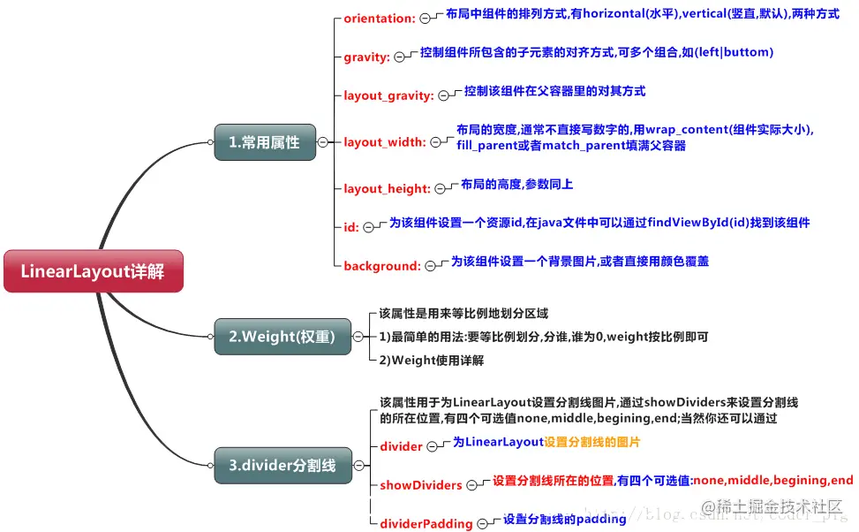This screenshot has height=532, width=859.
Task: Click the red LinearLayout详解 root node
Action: point(93,271)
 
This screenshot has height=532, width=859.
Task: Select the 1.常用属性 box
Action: point(264,141)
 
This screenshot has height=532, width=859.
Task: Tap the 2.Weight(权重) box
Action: point(282,337)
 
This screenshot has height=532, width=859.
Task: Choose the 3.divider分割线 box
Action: point(282,465)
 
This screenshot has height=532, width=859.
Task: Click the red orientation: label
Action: point(379,18)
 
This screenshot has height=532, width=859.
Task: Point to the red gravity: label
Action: point(366,57)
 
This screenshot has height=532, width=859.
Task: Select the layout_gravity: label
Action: point(388,95)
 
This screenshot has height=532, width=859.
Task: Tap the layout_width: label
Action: point(384,141)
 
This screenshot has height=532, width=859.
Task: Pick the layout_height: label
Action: point(387,188)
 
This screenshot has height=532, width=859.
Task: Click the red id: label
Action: point(351,227)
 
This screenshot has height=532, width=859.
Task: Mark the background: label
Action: point(381,266)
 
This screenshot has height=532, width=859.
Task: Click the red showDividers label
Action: point(421,485)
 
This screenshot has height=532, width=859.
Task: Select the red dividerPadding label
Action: point(426,523)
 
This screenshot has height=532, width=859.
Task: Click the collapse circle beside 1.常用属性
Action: point(322,141)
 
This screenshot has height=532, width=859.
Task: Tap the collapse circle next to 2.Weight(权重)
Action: point(358,337)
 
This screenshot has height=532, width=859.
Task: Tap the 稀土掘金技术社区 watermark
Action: point(777,507)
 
